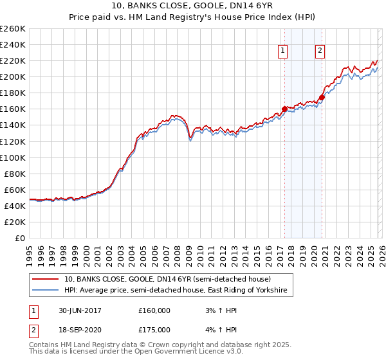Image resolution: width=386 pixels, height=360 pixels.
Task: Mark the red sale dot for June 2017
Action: coord(284,109)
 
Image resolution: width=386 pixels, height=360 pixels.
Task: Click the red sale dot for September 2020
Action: coord(321,96)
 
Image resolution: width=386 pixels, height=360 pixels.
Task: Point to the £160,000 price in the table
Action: coord(154,310)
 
